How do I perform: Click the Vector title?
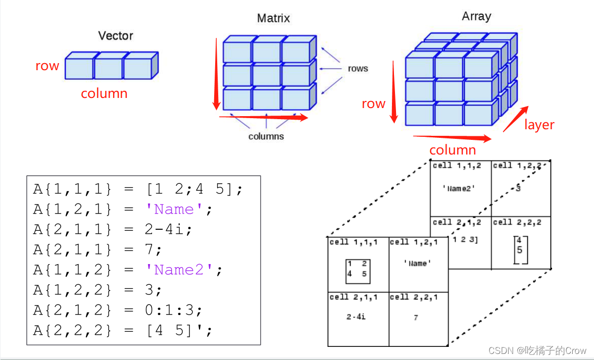(x=116, y=36)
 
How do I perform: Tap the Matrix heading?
(x=273, y=19)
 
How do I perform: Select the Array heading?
(x=476, y=16)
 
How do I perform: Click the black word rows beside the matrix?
(x=358, y=69)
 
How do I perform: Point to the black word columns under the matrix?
(x=266, y=136)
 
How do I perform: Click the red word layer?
(x=539, y=125)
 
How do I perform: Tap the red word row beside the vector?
(x=47, y=66)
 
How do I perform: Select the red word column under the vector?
(x=104, y=93)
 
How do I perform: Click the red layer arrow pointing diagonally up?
(x=516, y=119)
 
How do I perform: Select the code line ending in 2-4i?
(x=113, y=230)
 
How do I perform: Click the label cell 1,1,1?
(x=353, y=242)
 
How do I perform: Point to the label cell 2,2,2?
(x=517, y=222)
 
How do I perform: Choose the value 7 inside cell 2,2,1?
(x=416, y=318)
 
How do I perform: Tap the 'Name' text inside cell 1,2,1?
(x=417, y=263)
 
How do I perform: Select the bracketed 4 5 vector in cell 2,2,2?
(x=520, y=249)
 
